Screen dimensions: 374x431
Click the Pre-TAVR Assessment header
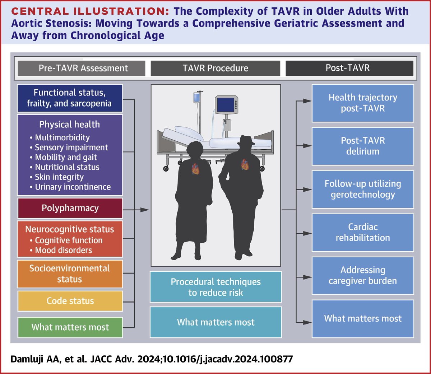point(83,68)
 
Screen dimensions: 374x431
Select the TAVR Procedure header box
point(215,68)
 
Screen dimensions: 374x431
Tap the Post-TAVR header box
point(348,68)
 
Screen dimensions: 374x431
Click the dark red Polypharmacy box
point(70,208)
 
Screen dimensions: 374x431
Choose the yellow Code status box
point(70,301)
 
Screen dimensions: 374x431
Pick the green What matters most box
point(70,327)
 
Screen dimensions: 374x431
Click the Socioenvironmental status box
point(70,274)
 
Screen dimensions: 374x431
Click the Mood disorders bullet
point(63,250)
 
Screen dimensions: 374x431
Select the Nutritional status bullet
point(67,167)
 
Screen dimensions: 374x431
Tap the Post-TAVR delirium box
point(363,146)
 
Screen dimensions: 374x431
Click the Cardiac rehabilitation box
point(363,232)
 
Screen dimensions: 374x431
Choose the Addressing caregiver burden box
point(363,275)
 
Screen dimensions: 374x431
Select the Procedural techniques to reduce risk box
point(215,287)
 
